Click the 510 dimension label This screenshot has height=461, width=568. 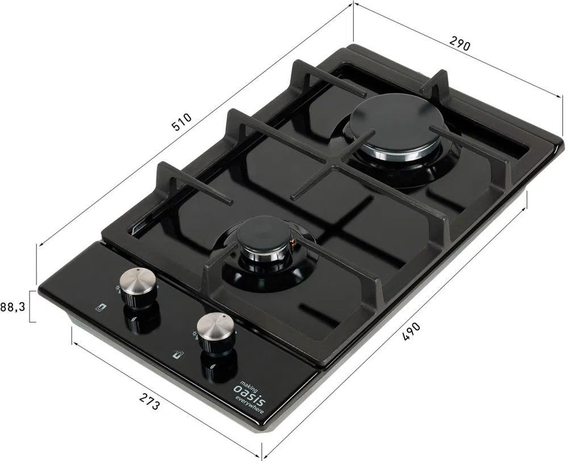pyautogui.click(x=181, y=122)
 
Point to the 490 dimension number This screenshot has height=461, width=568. pyautogui.click(x=411, y=331)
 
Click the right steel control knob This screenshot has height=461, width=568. pyautogui.click(x=216, y=332)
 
